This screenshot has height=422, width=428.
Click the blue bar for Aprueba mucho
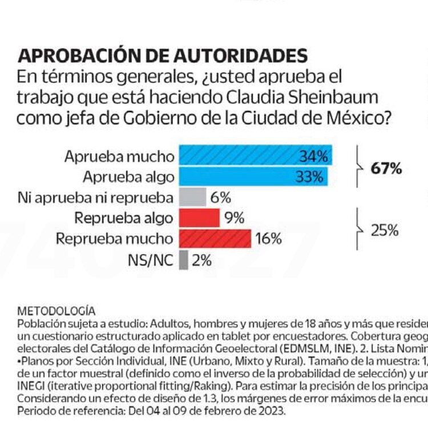pos(240,156)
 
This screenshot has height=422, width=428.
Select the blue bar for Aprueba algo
pos(240,176)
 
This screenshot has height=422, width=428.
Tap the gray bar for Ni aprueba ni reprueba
pos(192,198)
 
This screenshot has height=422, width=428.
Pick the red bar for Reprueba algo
pos(199,218)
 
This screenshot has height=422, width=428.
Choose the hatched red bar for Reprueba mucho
pos(215,238)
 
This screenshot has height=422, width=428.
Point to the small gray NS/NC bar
pos(183,260)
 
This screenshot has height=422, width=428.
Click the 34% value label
pos(313,156)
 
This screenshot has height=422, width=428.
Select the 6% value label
pos(221,198)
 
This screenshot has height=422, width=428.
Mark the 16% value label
pos(268,239)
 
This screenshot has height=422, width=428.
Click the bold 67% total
pos(386,168)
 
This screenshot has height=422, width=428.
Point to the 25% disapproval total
pos(385,230)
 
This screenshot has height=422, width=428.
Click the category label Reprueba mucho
pos(114,239)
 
